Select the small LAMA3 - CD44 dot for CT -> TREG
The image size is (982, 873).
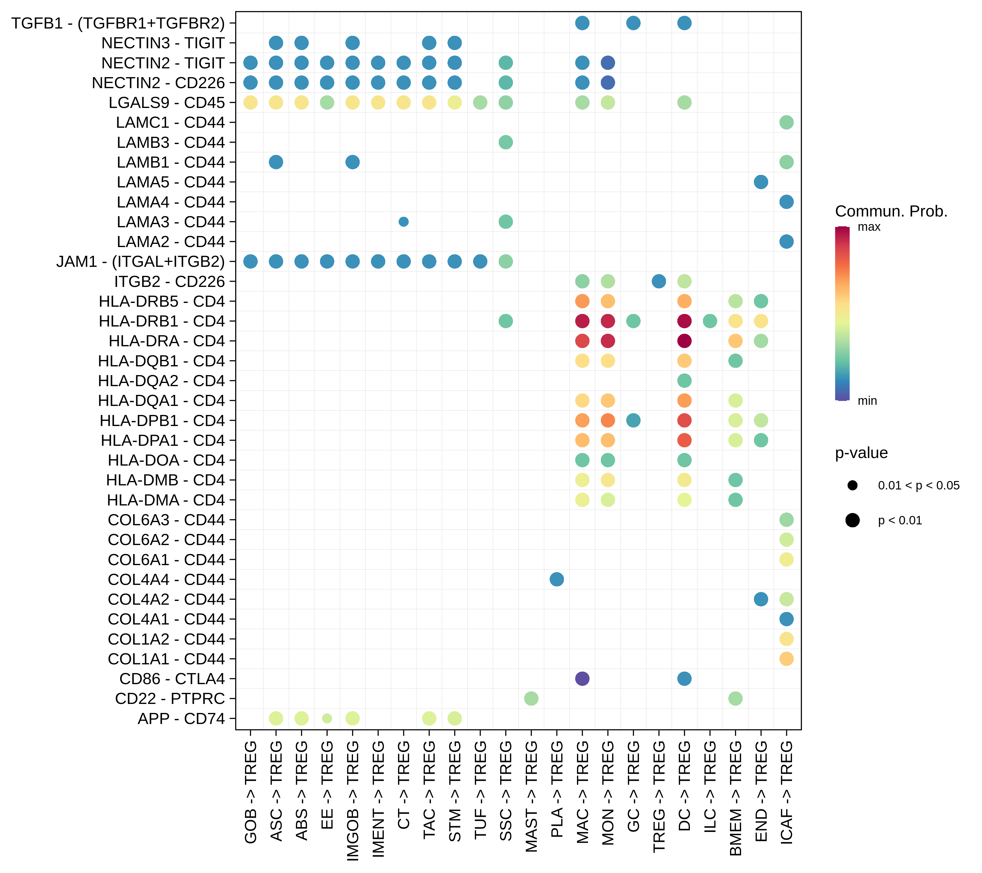click(x=404, y=221)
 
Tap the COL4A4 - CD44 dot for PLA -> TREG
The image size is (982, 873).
click(x=556, y=579)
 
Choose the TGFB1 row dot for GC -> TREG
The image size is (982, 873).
click(x=633, y=23)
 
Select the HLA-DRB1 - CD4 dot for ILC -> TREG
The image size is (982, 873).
click(x=710, y=321)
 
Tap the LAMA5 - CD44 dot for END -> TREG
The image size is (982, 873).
click(x=761, y=182)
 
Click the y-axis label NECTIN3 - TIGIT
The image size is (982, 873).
click(x=163, y=43)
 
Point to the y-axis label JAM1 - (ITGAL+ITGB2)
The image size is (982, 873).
click(x=140, y=261)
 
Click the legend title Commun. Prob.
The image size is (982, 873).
click(x=891, y=211)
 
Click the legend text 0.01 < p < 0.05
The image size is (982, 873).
click(x=919, y=485)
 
